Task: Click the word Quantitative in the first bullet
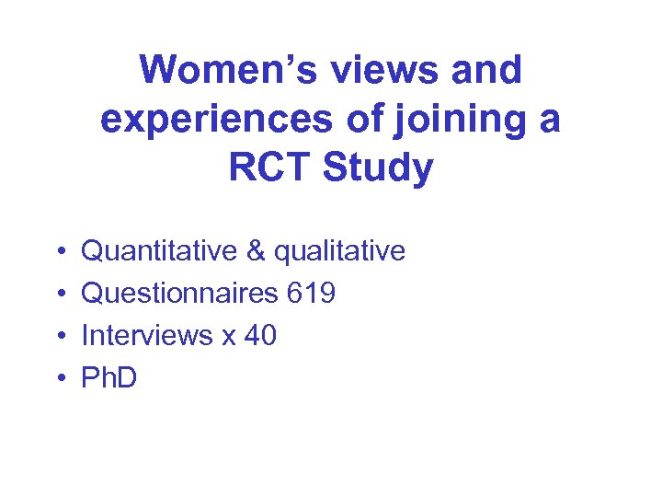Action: pos(161,251)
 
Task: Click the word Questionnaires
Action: pos(179,294)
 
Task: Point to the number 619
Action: pos(312,294)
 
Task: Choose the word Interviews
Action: pos(147,335)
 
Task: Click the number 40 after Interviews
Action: pos(260,335)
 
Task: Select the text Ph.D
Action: pos(109,377)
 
